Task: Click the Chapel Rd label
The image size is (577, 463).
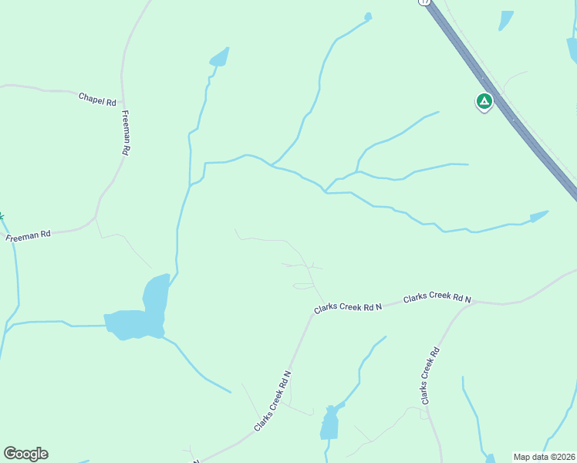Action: click(96, 100)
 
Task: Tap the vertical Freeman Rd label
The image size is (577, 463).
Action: click(126, 133)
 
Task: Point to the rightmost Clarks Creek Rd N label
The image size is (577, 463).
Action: click(437, 296)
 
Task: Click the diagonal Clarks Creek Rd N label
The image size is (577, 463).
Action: click(272, 401)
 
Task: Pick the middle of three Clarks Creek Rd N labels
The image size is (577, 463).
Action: click(348, 307)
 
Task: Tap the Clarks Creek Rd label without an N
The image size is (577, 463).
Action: click(430, 376)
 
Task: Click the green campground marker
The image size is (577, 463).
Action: click(484, 101)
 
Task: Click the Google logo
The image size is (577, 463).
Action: click(25, 454)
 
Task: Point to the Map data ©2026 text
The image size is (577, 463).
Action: click(545, 457)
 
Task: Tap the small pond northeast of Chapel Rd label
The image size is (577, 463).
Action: click(220, 57)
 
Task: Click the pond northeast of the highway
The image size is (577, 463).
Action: click(506, 20)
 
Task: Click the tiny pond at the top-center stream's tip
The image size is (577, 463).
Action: click(368, 16)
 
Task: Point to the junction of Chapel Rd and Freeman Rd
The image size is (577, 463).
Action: click(122, 91)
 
